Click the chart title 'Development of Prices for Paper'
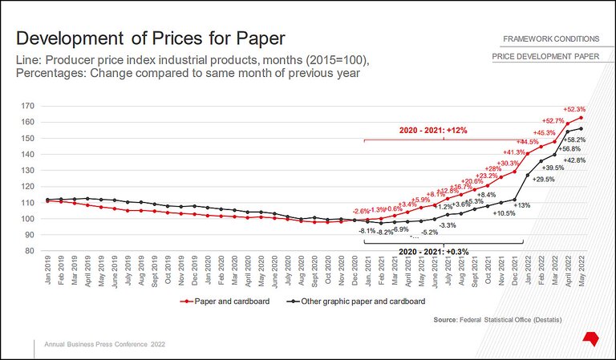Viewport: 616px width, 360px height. [x=151, y=38]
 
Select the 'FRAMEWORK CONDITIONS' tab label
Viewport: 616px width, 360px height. [x=551, y=38]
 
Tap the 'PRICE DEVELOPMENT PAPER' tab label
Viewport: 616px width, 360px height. [x=545, y=57]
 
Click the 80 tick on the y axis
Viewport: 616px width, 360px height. [x=30, y=251]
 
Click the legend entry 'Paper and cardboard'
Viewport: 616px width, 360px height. [x=225, y=301]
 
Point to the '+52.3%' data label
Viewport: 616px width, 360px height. [x=574, y=109]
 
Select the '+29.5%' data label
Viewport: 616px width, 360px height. [x=544, y=180]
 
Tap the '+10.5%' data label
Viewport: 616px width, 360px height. [x=505, y=213]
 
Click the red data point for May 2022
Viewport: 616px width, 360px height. [x=582, y=118]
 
